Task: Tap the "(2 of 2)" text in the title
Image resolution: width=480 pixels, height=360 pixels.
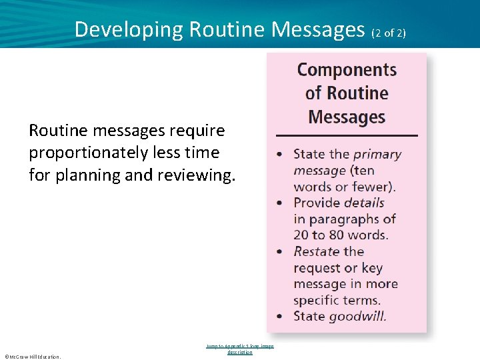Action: point(388,32)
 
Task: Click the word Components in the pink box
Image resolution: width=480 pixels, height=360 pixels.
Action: point(347,70)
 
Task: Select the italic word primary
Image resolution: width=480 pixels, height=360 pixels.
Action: point(377,154)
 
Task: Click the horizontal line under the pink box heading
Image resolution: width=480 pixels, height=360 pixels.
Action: point(347,135)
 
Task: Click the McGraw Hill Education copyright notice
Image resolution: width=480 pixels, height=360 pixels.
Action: point(32,357)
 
